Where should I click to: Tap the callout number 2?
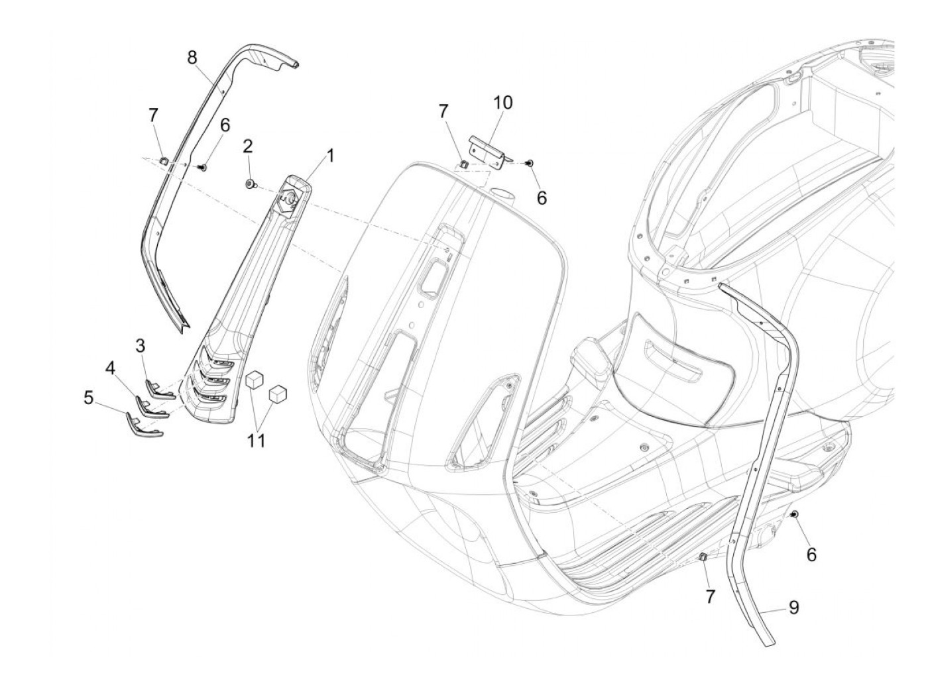click(x=248, y=146)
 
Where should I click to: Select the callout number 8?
click(x=192, y=58)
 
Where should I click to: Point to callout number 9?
click(x=793, y=607)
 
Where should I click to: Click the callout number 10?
click(x=502, y=103)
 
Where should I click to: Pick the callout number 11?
click(x=257, y=440)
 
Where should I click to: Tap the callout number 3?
click(x=141, y=345)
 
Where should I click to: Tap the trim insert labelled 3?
click(x=158, y=390)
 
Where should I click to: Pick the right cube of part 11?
click(x=278, y=394)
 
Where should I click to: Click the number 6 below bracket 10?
click(x=542, y=197)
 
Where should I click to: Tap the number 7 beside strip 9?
click(x=709, y=596)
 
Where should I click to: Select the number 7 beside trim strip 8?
click(x=153, y=115)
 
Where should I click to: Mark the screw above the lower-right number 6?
click(x=794, y=514)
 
